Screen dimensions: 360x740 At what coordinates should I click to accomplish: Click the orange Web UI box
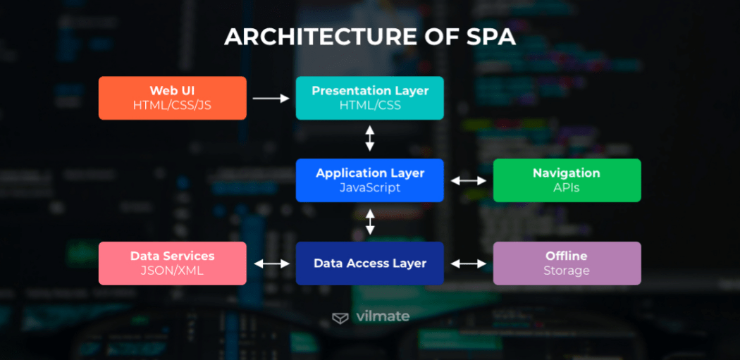click(172, 98)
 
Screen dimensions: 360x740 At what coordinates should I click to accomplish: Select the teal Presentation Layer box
click(369, 98)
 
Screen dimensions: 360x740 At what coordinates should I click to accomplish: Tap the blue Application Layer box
click(369, 180)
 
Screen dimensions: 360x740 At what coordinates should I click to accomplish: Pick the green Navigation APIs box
click(567, 180)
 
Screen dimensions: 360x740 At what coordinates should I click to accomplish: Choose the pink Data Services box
click(172, 263)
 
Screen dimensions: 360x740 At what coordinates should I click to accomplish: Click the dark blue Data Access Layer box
click(369, 263)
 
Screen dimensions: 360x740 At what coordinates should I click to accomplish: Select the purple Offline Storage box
click(567, 263)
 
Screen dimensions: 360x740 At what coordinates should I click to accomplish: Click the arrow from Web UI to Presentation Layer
click(271, 99)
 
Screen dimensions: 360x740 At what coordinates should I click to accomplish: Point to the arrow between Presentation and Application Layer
click(370, 138)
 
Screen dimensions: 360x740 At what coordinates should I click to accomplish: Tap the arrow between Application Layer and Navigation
click(469, 181)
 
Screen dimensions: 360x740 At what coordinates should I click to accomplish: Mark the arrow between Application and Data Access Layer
click(370, 221)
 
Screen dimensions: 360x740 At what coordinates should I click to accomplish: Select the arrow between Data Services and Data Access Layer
click(271, 263)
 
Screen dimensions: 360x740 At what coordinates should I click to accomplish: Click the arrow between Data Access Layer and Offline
click(469, 263)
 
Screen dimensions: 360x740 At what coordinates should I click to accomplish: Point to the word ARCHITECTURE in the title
click(314, 37)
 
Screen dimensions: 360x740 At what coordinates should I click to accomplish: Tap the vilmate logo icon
click(340, 318)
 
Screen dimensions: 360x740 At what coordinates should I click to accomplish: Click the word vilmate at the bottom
click(383, 316)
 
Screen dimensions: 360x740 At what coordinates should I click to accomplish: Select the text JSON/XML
click(172, 271)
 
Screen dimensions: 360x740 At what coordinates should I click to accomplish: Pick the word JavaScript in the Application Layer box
click(369, 188)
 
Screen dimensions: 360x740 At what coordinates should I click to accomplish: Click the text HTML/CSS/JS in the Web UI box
click(172, 106)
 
